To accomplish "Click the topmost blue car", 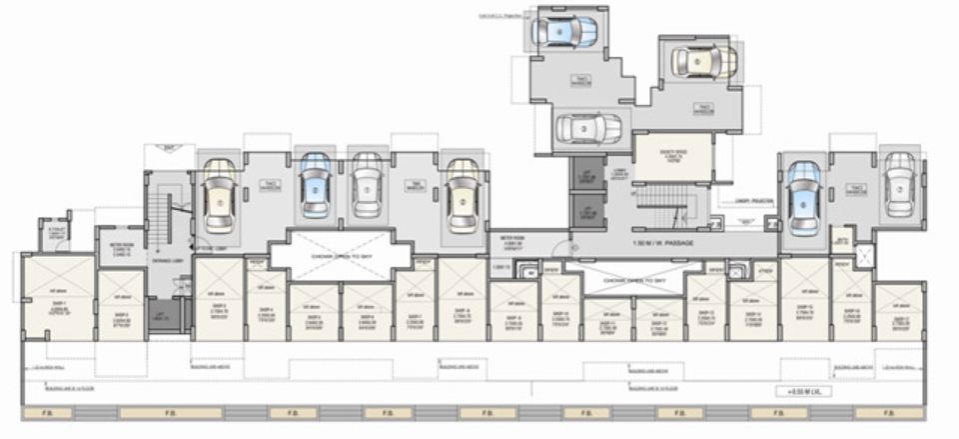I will click(x=564, y=31).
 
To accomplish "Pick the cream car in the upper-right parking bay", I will click(x=703, y=61).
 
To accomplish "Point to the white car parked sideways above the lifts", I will click(x=587, y=128).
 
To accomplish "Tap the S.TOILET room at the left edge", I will click(x=56, y=231).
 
